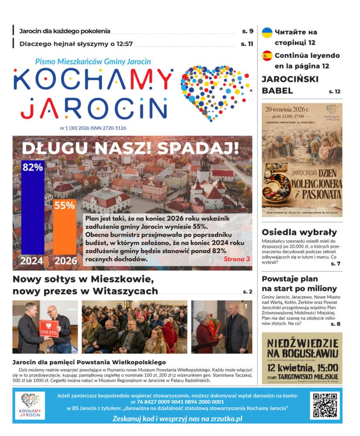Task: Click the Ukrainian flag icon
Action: [267, 32]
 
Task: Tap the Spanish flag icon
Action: [267, 56]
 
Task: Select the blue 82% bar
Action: [33, 209]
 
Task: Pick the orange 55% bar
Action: [65, 231]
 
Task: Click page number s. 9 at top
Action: [248, 31]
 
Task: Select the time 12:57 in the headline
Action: [121, 44]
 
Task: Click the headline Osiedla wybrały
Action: [299, 232]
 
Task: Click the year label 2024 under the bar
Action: [32, 261]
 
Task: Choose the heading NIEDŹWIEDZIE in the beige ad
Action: [302, 342]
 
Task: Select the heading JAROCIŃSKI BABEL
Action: [290, 85]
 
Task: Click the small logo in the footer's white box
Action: [30, 405]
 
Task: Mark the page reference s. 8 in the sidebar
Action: [335, 324]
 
